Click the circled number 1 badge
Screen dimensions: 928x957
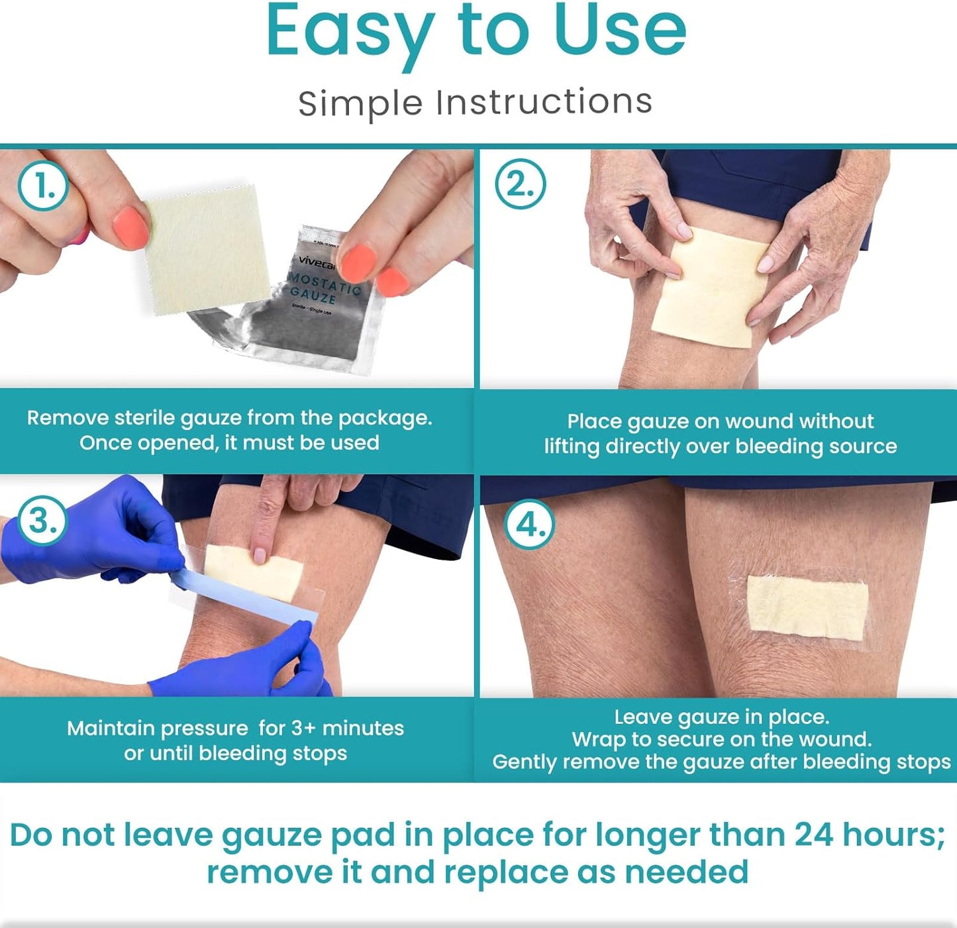(x=43, y=186)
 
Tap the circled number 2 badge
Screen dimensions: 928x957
(x=521, y=184)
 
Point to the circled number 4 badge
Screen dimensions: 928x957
(x=530, y=525)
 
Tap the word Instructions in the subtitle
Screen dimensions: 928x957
(x=544, y=103)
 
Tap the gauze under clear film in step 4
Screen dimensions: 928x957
(x=807, y=607)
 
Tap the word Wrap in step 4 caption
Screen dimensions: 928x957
(x=599, y=739)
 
